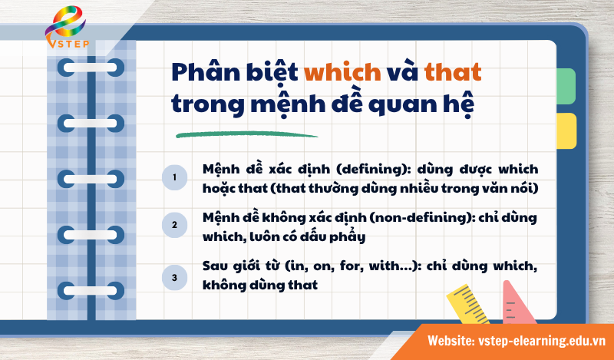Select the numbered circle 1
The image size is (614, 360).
click(x=175, y=177)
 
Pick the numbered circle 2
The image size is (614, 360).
click(x=175, y=226)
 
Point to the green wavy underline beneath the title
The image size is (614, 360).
click(x=246, y=135)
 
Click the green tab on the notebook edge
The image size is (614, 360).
click(x=566, y=86)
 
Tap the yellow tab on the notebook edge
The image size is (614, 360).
click(x=566, y=130)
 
